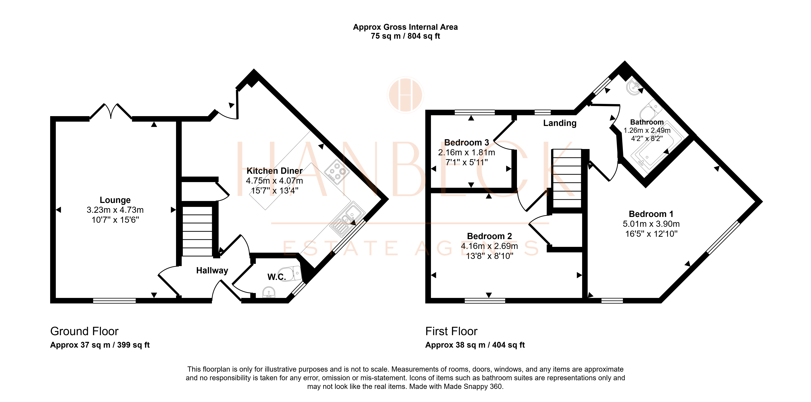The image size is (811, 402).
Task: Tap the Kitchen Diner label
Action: click(275, 171)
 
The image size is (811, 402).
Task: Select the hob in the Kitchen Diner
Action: click(337, 172)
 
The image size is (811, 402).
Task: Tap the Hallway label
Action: click(212, 270)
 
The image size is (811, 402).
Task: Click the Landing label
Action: click(560, 123)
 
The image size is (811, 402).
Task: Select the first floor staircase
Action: click(567, 178)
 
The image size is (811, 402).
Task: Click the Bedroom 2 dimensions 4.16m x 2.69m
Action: click(489, 246)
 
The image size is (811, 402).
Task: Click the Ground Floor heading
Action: click(84, 331)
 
